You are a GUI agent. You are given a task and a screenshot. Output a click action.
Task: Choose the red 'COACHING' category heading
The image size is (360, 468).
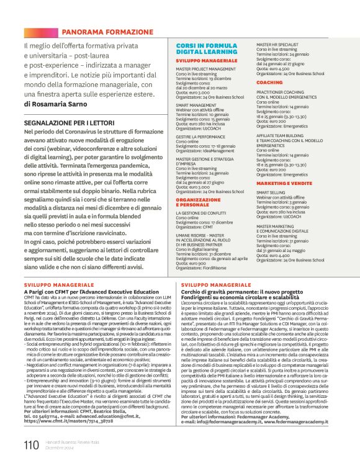[x=269, y=82]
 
